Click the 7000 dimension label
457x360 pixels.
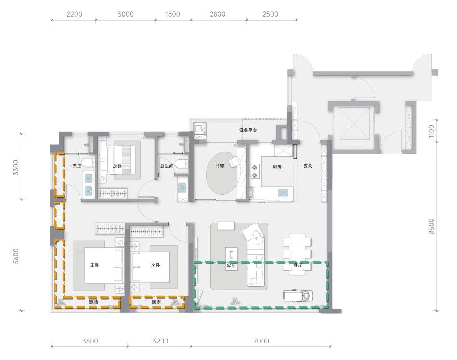click(261, 341)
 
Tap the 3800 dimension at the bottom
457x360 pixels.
click(90, 341)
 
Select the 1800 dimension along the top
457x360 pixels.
click(173, 14)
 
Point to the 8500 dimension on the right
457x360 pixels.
click(432, 226)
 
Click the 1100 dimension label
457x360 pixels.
click(432, 131)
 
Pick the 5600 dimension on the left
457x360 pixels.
click(16, 256)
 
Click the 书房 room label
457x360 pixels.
click(220, 166)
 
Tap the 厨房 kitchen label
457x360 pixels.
click(277, 166)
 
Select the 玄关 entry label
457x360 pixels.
click(308, 166)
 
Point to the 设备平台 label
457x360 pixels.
click(248, 130)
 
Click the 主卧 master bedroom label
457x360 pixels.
click(94, 265)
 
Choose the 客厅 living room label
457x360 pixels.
click(231, 266)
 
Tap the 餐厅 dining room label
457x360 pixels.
click(297, 266)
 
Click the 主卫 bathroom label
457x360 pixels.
click(77, 165)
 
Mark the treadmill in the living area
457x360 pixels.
click(298, 295)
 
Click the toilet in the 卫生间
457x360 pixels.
click(182, 164)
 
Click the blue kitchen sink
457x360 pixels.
click(282, 193)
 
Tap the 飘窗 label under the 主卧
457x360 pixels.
click(94, 302)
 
